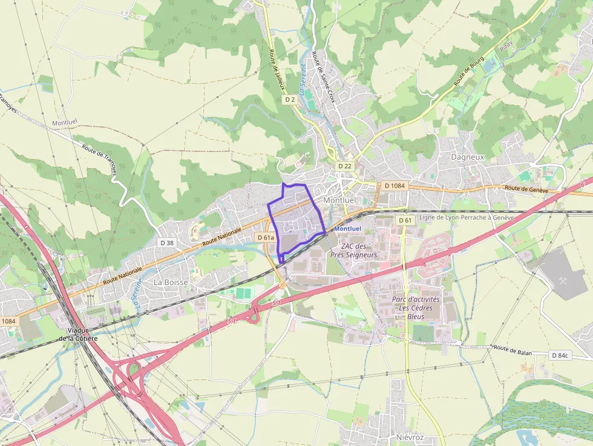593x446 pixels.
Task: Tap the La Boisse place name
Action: point(171,282)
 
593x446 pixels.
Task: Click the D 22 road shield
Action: point(345,166)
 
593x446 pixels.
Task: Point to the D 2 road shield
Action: point(290,100)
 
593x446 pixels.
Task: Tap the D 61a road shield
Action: point(266,238)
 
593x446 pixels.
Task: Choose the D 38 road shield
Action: point(166,242)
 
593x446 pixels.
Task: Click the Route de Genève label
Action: point(526,189)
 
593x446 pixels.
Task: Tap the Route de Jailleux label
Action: point(277,70)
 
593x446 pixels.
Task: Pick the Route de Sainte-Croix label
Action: point(323,76)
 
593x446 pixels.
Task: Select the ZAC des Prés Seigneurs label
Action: point(359,251)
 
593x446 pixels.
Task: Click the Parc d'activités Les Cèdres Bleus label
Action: point(416,307)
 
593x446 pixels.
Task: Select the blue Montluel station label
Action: point(347,229)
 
